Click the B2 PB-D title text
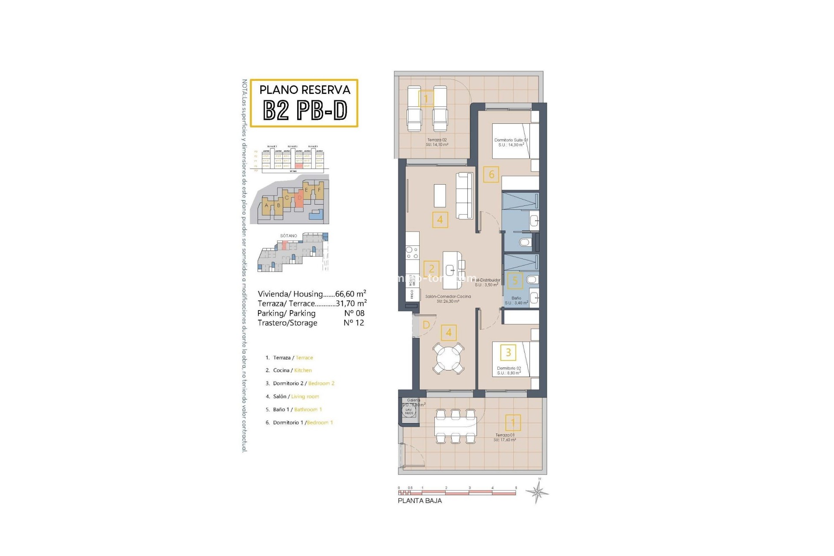[x=305, y=111]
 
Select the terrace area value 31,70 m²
[x=351, y=303]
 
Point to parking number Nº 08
[x=354, y=313]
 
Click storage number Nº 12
[x=354, y=323]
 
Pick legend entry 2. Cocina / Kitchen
[x=289, y=371]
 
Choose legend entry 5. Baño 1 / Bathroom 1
[x=294, y=410]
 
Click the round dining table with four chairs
[x=448, y=357]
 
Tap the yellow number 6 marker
[x=491, y=175]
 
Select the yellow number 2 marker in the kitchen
[x=431, y=268]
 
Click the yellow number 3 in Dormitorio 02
[x=508, y=352]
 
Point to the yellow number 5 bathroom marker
[x=515, y=281]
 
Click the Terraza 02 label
[x=437, y=140]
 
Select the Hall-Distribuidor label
[x=486, y=280]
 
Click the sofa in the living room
[x=464, y=195]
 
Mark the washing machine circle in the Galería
[x=409, y=411]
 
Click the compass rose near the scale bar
[x=537, y=492]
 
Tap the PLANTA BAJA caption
[x=420, y=501]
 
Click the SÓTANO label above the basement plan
[x=288, y=236]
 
